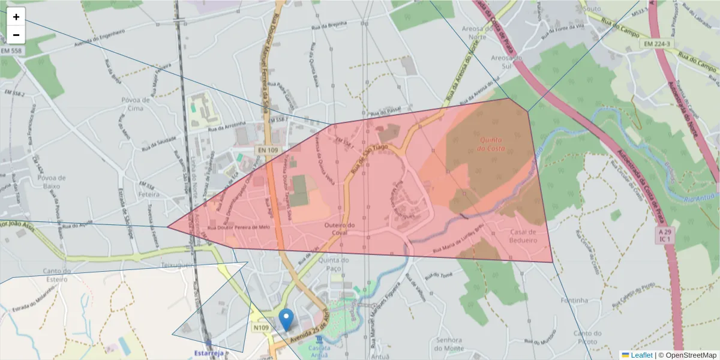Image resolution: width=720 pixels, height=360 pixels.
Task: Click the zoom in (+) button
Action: click(x=16, y=17)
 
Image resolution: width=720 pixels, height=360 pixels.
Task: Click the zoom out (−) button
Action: click(x=16, y=35)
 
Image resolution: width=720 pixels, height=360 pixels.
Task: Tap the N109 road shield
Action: click(x=261, y=328)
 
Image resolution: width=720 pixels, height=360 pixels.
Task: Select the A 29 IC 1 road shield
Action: click(x=663, y=235)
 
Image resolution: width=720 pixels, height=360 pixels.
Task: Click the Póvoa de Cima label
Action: click(x=135, y=104)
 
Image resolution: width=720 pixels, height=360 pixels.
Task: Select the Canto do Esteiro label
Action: click(x=57, y=274)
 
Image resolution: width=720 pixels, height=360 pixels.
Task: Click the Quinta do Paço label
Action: click(x=334, y=264)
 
